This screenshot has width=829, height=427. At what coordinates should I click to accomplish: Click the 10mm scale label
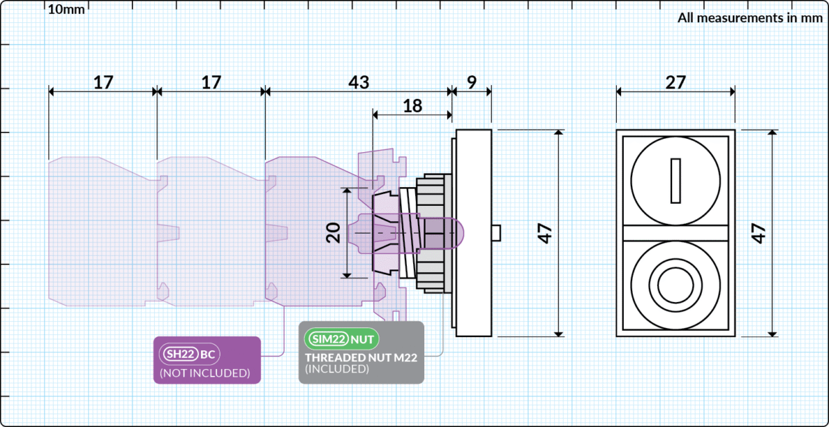[x=66, y=10]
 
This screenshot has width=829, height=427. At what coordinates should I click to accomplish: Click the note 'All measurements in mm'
[x=750, y=18]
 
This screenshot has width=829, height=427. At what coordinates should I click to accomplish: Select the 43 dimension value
[x=357, y=82]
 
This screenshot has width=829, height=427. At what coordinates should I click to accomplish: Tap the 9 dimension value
[x=471, y=82]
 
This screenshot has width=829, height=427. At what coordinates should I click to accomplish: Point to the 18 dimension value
[x=412, y=105]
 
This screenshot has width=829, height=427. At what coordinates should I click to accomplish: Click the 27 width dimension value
[x=675, y=82]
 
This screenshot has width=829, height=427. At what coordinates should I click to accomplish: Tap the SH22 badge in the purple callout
[x=179, y=354]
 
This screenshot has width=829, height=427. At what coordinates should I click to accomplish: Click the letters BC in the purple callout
[x=208, y=354]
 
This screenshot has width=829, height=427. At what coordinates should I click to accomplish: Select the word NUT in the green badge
[x=363, y=339]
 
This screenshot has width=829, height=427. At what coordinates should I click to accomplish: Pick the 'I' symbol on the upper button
[x=676, y=181]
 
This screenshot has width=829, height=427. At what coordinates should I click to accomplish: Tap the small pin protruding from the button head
[x=496, y=233]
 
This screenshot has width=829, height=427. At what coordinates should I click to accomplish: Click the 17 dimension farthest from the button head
[x=103, y=82]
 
